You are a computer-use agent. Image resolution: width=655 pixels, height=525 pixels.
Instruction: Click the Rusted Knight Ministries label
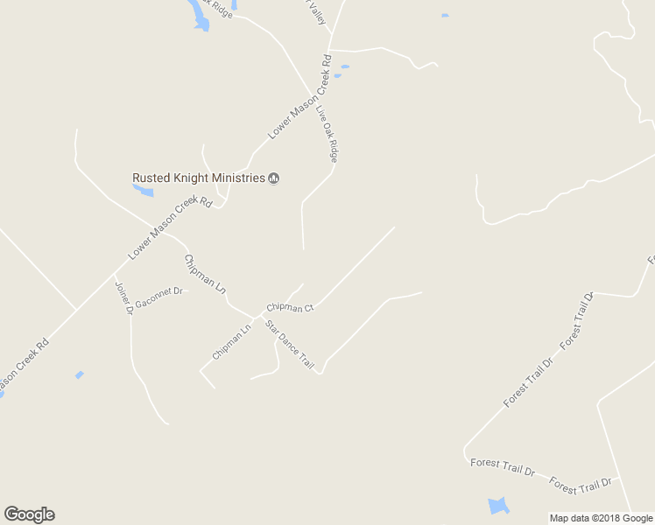[x=198, y=178]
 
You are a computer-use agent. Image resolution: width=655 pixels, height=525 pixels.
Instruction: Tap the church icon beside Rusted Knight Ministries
[x=273, y=178]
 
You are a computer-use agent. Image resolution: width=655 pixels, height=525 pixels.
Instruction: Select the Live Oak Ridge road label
[x=327, y=134]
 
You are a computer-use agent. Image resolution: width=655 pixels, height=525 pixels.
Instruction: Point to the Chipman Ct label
[x=290, y=307]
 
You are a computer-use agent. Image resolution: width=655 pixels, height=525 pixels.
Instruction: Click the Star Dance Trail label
[x=290, y=344]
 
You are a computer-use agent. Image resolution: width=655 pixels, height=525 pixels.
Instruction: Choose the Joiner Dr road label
[x=123, y=297]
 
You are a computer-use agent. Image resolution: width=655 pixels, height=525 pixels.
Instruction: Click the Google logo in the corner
[x=29, y=514]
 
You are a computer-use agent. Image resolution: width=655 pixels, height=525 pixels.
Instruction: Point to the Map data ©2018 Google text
[x=601, y=518]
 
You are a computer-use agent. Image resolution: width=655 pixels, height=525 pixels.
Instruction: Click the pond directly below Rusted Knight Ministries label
[x=143, y=189]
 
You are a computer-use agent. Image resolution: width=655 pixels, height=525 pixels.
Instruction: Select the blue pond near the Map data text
[x=497, y=505]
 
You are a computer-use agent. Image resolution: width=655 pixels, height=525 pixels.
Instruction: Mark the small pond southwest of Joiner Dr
[x=80, y=374]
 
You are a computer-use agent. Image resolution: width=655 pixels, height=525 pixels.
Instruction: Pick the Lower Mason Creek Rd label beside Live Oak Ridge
[x=300, y=96]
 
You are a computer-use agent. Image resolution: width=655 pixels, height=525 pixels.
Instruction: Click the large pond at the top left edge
[x=198, y=15]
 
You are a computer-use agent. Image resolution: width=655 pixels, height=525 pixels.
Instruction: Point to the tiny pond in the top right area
[x=445, y=16]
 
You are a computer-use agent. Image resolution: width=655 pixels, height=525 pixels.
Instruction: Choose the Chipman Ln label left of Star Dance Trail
[x=231, y=341]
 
